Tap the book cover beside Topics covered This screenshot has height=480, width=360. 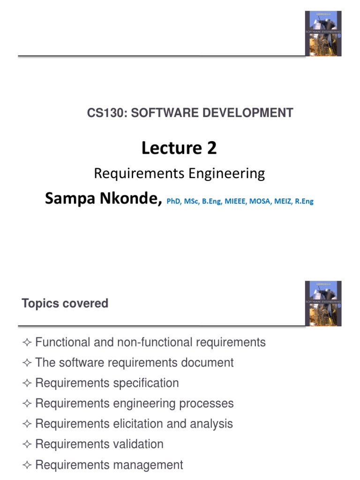[x=323, y=303]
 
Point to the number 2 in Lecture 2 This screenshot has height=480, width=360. [x=211, y=148]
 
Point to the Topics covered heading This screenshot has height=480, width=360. [x=65, y=304]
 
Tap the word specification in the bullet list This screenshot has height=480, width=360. [x=146, y=383]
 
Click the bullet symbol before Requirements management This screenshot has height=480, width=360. [x=26, y=465]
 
